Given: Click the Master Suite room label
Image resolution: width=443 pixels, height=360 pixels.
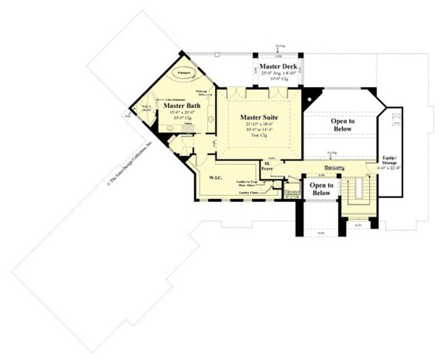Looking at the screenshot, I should click(260, 116).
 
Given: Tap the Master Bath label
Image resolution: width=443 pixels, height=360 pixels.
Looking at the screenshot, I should click(183, 106).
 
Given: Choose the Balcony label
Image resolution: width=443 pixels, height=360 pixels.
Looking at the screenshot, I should click(334, 167).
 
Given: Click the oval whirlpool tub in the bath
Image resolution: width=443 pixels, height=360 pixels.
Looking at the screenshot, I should click(184, 72).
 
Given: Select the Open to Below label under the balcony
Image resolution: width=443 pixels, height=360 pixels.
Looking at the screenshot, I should click(321, 189).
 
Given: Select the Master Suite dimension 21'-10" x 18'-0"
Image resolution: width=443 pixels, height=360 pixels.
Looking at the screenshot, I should click(260, 124).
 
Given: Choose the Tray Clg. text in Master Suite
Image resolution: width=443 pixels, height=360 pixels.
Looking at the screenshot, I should click(260, 135).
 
